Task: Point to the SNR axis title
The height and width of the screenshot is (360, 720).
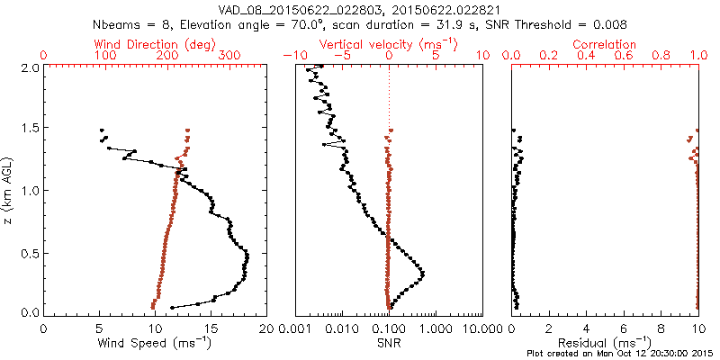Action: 389,343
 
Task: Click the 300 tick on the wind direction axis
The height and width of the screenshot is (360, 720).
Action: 229,56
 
